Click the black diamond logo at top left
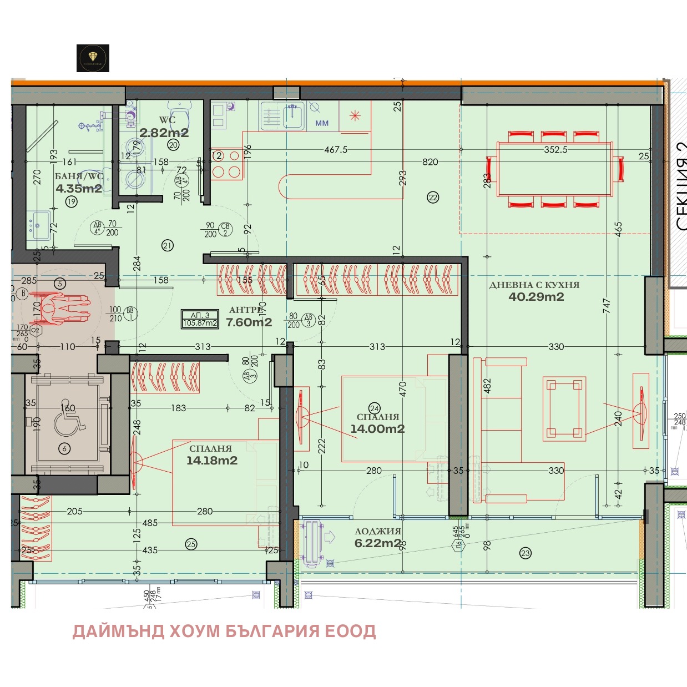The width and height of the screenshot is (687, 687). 93,58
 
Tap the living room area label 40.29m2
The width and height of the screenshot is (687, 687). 536,297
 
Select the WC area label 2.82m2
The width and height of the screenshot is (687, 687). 164,133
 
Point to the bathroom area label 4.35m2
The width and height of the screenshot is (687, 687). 79,189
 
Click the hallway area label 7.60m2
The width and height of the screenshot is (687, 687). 249,322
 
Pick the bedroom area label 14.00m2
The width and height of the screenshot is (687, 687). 377,429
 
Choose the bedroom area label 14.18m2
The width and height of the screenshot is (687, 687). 211,461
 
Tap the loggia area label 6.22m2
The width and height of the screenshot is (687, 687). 377,543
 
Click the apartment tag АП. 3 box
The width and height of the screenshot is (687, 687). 200,319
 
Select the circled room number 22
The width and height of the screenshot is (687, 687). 433,197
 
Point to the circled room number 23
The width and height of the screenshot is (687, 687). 526,553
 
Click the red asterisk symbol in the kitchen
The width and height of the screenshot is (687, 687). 355,115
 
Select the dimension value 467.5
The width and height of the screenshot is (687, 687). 336,150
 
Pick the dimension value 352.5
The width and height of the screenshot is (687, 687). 555,150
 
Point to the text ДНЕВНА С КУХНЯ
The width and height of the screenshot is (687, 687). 534,285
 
